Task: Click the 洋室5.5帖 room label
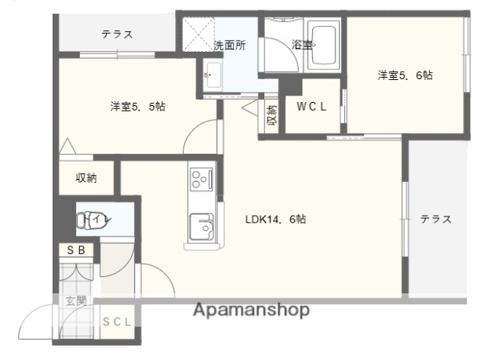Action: coord(137,107)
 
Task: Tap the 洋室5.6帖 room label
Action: coord(406,75)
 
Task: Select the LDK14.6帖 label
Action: coord(275,220)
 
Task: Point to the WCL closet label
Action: coord(311,107)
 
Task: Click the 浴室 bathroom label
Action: coord(303,45)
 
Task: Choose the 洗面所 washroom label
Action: coord(230,45)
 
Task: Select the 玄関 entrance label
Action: coord(75,300)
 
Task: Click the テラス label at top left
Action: coord(116,35)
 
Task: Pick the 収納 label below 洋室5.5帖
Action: coord(86,178)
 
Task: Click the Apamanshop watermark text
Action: coord(250,310)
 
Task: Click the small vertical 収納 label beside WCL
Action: coord(271,116)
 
